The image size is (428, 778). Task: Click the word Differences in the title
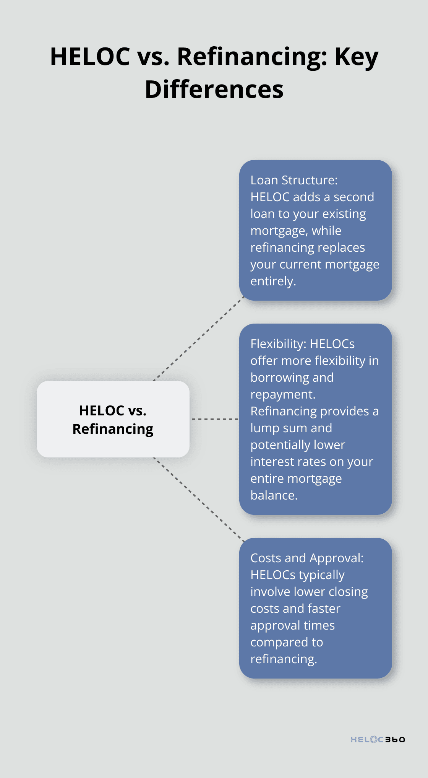click(214, 90)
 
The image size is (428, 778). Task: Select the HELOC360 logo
click(378, 739)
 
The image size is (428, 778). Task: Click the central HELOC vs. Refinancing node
click(113, 419)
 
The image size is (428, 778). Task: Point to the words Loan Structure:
click(294, 180)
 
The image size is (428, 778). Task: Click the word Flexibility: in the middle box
click(278, 344)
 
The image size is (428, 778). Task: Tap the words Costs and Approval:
click(307, 558)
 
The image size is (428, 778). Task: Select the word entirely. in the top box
click(273, 281)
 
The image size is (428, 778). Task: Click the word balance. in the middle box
click(274, 495)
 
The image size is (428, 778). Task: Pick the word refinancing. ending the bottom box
click(284, 659)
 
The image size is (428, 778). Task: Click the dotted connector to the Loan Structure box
click(199, 339)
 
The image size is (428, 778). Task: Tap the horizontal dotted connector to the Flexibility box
click(215, 419)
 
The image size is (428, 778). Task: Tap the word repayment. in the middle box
click(283, 394)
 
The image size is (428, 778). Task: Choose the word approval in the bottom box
click(273, 625)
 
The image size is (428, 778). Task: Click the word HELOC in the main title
click(90, 57)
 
